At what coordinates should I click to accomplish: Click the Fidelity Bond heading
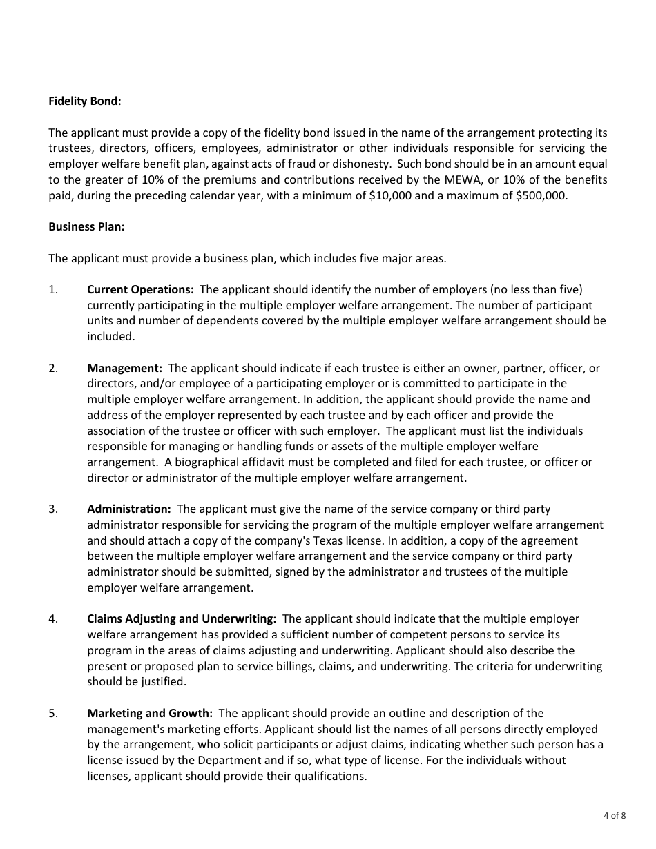point(84,101)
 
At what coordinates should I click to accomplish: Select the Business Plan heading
point(86,227)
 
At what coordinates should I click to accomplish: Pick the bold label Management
point(124,368)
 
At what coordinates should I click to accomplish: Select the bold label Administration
point(128,509)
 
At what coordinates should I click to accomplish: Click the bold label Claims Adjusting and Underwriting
point(182,618)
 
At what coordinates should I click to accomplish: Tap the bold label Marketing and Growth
point(150,713)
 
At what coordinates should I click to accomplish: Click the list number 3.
point(53,509)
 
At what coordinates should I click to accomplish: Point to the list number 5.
point(53,713)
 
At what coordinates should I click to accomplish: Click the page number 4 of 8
point(615,815)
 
